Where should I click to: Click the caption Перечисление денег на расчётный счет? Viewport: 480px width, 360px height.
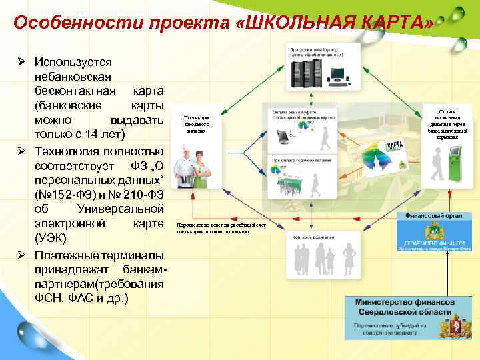[220, 226]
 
